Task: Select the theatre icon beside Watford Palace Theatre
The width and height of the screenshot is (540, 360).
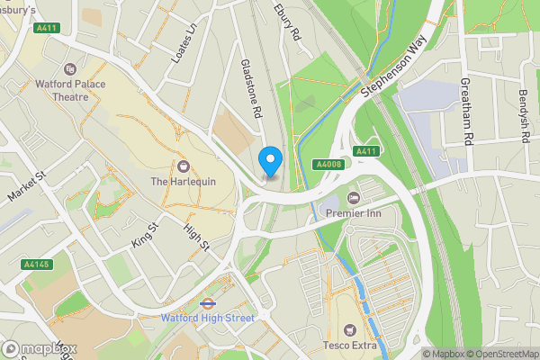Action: pyautogui.click(x=71, y=69)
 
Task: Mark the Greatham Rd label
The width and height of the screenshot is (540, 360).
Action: pyautogui.click(x=467, y=106)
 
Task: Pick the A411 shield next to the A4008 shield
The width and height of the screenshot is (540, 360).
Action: pyautogui.click(x=364, y=151)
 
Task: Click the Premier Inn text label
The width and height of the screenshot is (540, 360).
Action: pyautogui.click(x=354, y=211)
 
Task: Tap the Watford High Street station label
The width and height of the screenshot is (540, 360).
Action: pyautogui.click(x=208, y=318)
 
